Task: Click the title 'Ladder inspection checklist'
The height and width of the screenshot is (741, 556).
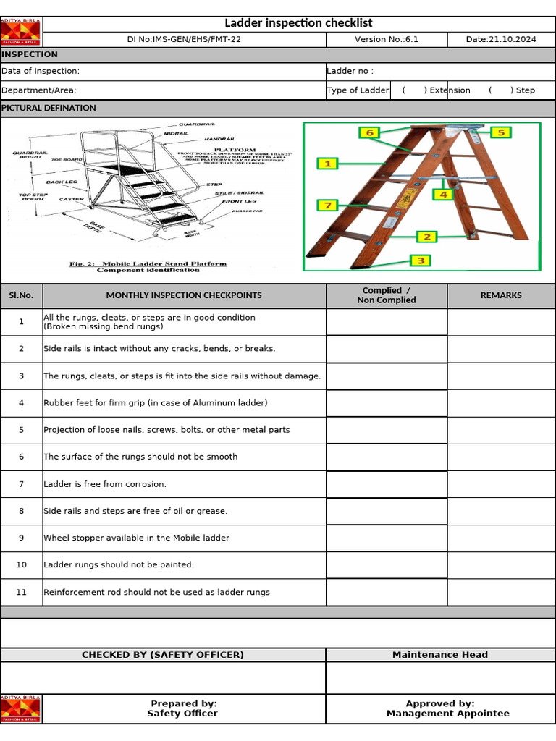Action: click(x=298, y=23)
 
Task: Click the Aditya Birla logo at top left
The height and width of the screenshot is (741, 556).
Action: click(x=21, y=31)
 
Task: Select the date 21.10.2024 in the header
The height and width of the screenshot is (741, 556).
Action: click(x=501, y=40)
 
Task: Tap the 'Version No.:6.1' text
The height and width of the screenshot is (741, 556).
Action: click(x=386, y=40)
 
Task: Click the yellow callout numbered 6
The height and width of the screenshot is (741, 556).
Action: click(x=369, y=132)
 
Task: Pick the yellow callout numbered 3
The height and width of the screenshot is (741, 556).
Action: click(x=421, y=261)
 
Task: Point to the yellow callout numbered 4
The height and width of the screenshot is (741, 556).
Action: click(x=442, y=194)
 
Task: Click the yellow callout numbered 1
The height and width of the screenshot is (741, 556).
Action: click(x=327, y=164)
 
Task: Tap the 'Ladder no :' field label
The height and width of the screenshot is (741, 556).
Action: click(x=350, y=71)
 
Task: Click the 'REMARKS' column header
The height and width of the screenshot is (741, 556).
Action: click(x=501, y=295)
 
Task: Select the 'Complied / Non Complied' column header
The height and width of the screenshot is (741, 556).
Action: click(x=387, y=295)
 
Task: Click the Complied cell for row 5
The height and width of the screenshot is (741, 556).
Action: click(x=387, y=430)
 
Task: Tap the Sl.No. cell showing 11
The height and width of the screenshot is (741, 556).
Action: click(x=21, y=592)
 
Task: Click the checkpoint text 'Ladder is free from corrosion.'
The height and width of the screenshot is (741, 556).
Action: click(x=105, y=484)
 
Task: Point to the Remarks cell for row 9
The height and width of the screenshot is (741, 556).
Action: click(x=501, y=538)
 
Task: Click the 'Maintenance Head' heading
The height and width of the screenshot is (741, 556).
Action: click(x=440, y=655)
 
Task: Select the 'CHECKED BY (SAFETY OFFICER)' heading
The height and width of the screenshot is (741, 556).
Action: click(x=163, y=655)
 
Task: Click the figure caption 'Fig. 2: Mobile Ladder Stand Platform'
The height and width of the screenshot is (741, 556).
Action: click(x=148, y=264)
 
